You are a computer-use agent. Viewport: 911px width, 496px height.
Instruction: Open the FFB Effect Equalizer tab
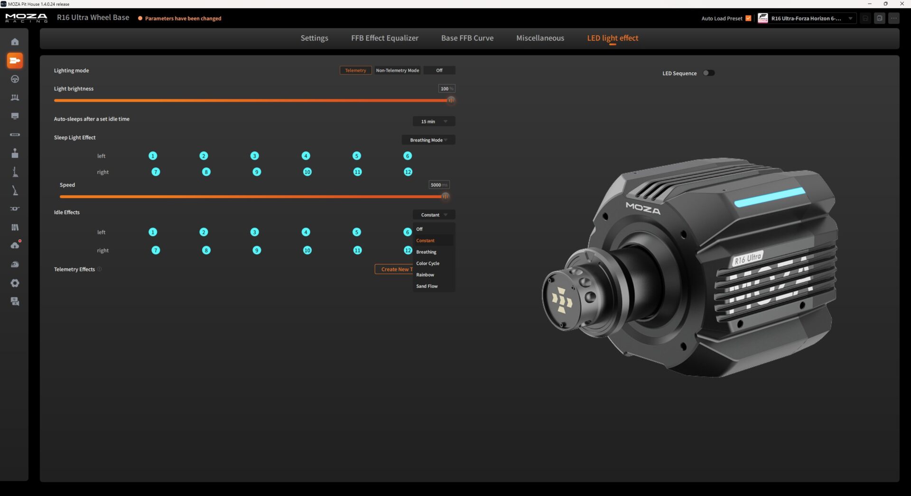pos(385,38)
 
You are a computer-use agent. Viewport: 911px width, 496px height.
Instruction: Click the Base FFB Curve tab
pos(467,38)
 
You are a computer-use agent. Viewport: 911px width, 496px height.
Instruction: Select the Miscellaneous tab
pos(540,38)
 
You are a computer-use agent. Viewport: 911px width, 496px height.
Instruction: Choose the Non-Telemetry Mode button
pos(398,70)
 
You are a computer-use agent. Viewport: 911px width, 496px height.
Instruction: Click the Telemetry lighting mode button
pos(355,70)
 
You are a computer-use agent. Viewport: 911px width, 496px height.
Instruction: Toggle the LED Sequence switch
pos(708,73)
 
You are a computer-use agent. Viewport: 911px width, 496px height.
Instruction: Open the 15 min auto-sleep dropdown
pos(434,122)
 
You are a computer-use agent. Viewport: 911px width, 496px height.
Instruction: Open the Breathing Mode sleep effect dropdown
pos(428,140)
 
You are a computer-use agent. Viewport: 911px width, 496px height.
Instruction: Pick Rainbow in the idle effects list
pos(425,275)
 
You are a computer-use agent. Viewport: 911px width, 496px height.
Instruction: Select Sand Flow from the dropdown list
pos(427,286)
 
